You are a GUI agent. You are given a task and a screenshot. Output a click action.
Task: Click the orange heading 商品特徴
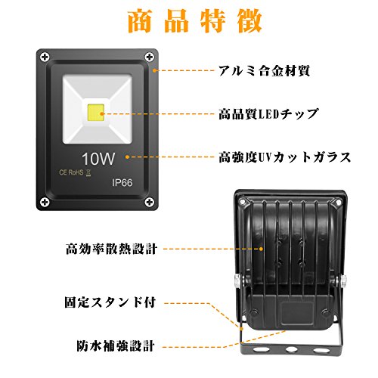tap(195, 21)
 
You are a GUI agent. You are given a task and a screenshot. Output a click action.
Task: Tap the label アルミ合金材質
tap(264, 71)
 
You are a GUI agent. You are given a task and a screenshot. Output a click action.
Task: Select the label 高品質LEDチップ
tap(268, 114)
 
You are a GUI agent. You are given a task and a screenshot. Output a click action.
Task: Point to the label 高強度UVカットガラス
tap(285, 157)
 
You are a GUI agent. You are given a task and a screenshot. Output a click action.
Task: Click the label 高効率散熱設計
tap(112, 249)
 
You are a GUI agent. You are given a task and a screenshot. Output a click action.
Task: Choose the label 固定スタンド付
tap(110, 302)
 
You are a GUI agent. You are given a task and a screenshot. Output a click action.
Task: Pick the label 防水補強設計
tap(116, 345)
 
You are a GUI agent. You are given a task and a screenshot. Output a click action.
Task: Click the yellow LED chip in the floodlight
tap(96, 113)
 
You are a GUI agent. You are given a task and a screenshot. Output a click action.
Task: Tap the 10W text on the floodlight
tap(98, 159)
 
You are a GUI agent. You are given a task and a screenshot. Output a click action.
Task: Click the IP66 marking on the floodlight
tap(122, 183)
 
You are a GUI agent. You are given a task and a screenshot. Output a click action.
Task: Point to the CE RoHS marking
tap(75, 172)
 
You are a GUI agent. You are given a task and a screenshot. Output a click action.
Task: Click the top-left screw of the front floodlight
tap(45, 57)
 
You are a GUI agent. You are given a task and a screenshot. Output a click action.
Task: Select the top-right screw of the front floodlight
tap(150, 57)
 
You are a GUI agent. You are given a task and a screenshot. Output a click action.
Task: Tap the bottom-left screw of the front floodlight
tap(45, 202)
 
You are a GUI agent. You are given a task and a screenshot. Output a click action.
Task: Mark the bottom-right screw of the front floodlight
tap(150, 202)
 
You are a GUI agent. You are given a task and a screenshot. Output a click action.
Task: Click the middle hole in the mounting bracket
tap(291, 349)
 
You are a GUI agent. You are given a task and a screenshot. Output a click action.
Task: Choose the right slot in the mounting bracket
tap(321, 350)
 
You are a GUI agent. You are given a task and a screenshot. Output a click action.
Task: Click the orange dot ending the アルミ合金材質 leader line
tap(155, 70)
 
